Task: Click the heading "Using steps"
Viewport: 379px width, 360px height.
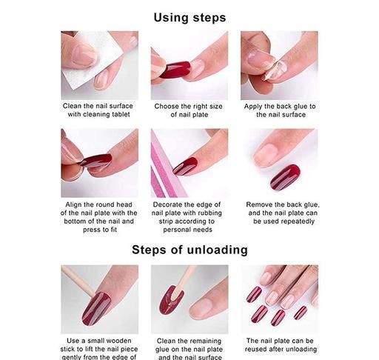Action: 189,18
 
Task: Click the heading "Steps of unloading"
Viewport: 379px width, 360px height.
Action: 189,250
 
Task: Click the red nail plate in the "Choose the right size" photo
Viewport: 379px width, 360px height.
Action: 175,70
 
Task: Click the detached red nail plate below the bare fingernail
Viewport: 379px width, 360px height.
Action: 285,177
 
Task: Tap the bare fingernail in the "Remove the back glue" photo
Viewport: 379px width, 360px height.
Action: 266,154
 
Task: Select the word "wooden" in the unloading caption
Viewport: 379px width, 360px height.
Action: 119,341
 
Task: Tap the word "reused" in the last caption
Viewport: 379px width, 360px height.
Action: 256,349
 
